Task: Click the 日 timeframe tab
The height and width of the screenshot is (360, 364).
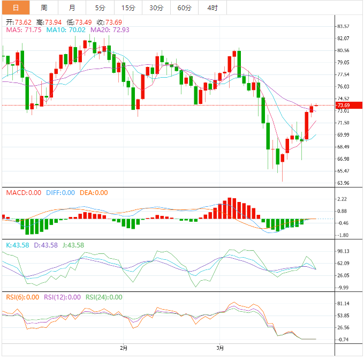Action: click(x=15, y=7)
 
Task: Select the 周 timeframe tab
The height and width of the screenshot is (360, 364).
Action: click(x=44, y=7)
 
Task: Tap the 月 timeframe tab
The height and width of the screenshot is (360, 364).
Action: click(x=72, y=7)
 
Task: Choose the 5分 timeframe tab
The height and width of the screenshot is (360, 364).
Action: click(x=100, y=7)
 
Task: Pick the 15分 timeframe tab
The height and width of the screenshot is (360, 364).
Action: click(x=128, y=7)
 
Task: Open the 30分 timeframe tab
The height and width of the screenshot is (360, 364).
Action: click(x=156, y=7)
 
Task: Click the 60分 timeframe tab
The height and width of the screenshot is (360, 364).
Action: click(x=184, y=7)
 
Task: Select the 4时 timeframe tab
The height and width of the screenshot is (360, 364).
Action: click(x=212, y=7)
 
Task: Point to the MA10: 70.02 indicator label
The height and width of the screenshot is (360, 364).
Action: click(x=65, y=30)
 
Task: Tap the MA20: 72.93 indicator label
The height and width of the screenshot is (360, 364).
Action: click(x=110, y=30)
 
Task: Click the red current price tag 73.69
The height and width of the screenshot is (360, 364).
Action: click(x=343, y=106)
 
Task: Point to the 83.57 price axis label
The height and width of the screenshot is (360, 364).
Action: click(x=343, y=26)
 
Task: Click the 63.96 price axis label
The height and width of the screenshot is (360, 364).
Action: click(x=343, y=183)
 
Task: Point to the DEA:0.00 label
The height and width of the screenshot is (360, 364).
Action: click(x=94, y=193)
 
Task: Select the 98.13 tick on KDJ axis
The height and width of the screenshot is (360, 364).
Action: click(x=343, y=251)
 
